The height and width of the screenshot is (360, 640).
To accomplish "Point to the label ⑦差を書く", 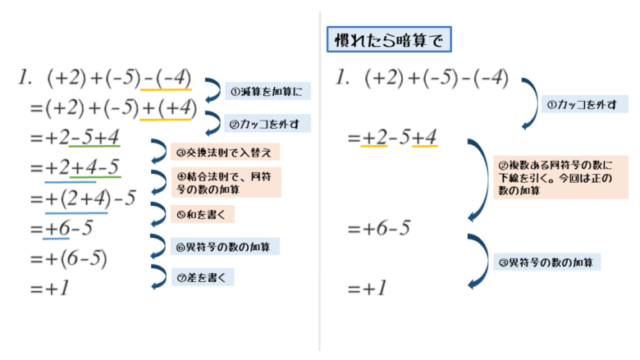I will tap(201, 276).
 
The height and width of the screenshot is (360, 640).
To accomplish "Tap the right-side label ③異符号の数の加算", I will tap(557, 262).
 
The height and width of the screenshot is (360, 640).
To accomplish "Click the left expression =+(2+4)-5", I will tap(82, 198).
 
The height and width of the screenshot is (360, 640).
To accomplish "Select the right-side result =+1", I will tap(367, 289).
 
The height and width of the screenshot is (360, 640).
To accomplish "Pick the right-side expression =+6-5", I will tap(379, 227).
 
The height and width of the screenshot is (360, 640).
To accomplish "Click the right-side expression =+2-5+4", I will tap(392, 137).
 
